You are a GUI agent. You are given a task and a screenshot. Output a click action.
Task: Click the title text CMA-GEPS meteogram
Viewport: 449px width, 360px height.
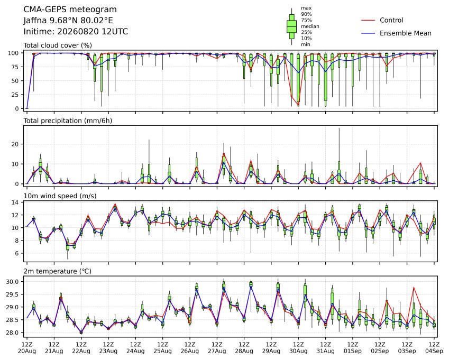(70, 10)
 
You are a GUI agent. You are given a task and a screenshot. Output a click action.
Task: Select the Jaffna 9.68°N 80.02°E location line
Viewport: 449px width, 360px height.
(68, 21)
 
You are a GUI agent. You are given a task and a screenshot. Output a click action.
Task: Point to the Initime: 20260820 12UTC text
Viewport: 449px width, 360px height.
(76, 32)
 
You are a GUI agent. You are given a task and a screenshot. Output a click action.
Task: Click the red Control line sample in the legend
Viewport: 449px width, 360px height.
(368, 20)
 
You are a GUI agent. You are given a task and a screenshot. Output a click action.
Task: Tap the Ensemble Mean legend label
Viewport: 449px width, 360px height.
(406, 33)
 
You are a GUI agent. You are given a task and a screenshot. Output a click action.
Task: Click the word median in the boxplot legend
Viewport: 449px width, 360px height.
(310, 26)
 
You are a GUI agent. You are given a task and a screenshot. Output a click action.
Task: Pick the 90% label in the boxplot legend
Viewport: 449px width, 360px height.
(306, 14)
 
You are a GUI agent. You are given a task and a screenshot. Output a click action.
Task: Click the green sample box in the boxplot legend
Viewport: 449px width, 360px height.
(292, 26)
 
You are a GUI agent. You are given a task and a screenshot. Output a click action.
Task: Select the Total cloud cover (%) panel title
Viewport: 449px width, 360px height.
(58, 45)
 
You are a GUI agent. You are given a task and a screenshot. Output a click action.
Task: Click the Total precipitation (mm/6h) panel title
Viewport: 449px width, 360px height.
(68, 121)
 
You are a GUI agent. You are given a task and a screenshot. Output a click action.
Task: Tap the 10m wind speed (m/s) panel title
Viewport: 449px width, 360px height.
(60, 196)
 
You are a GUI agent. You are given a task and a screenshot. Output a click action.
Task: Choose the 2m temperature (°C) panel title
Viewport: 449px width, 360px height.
(57, 271)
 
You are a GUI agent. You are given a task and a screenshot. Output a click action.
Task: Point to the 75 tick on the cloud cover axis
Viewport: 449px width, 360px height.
(15, 67)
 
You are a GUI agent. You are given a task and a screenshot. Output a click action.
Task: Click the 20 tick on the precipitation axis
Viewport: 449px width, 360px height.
(15, 144)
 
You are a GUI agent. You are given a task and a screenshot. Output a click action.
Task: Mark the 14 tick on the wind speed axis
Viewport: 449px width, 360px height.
(15, 202)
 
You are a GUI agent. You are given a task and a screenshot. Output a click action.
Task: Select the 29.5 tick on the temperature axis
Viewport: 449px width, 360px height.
(12, 294)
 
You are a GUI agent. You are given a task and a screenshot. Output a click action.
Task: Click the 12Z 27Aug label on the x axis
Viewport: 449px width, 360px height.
(217, 348)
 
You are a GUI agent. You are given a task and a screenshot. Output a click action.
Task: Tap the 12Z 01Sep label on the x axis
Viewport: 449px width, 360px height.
(353, 348)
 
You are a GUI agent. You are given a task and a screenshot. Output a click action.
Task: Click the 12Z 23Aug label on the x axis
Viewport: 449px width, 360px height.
(108, 348)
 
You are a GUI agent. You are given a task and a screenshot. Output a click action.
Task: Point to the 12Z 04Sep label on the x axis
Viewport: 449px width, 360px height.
(434, 348)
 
